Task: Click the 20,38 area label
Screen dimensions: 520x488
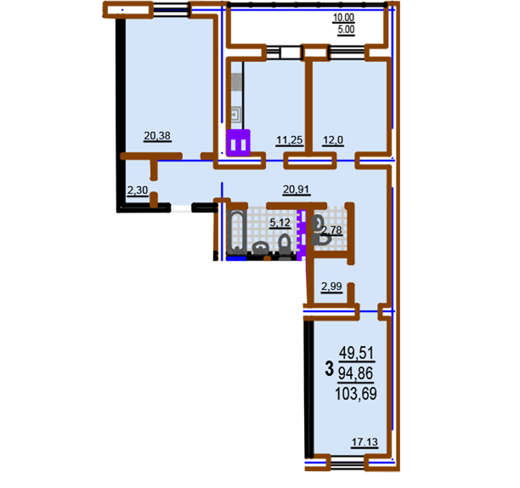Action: click(x=157, y=136)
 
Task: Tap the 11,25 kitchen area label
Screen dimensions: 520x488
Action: click(x=290, y=140)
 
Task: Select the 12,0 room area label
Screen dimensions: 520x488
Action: click(x=333, y=140)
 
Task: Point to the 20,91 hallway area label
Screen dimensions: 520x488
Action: click(x=297, y=190)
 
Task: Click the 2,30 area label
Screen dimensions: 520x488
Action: click(x=138, y=190)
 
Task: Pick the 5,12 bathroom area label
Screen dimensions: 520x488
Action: click(x=280, y=223)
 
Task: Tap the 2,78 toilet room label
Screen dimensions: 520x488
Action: click(x=332, y=230)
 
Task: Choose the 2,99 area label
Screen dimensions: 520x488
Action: click(x=331, y=287)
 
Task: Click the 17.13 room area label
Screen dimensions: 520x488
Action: click(x=365, y=442)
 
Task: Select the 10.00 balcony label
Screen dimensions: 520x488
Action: click(x=343, y=18)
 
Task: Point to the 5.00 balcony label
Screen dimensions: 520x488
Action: click(x=346, y=30)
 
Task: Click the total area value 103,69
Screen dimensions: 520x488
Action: click(x=356, y=394)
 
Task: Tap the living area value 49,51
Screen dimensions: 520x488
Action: click(x=357, y=353)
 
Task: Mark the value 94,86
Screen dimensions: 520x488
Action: click(x=355, y=373)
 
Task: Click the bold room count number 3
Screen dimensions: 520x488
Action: click(x=330, y=369)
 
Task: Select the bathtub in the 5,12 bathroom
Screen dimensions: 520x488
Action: click(x=237, y=230)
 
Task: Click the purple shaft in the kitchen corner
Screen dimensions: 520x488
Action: click(x=238, y=143)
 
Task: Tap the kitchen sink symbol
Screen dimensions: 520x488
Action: click(x=236, y=115)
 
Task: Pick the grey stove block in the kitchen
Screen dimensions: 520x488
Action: click(x=236, y=82)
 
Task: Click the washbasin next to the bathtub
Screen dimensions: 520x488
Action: click(x=260, y=247)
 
